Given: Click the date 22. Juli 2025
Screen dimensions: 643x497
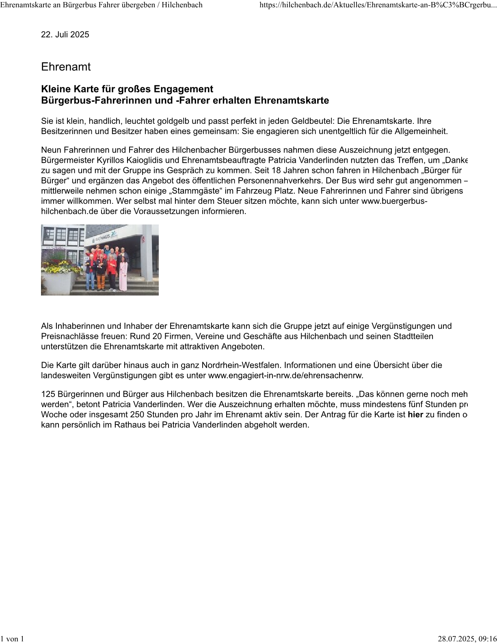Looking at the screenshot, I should [65, 35].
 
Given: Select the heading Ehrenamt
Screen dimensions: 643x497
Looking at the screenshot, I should [66, 67].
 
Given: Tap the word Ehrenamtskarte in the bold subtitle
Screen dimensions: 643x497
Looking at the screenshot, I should [292, 101].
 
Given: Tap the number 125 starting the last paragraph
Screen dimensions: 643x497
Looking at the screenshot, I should [48, 394].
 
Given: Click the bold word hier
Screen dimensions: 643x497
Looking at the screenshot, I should [415, 415].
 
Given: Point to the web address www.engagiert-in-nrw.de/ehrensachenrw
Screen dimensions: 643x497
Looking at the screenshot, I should [285, 375].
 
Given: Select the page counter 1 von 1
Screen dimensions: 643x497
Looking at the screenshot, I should [12, 639].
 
